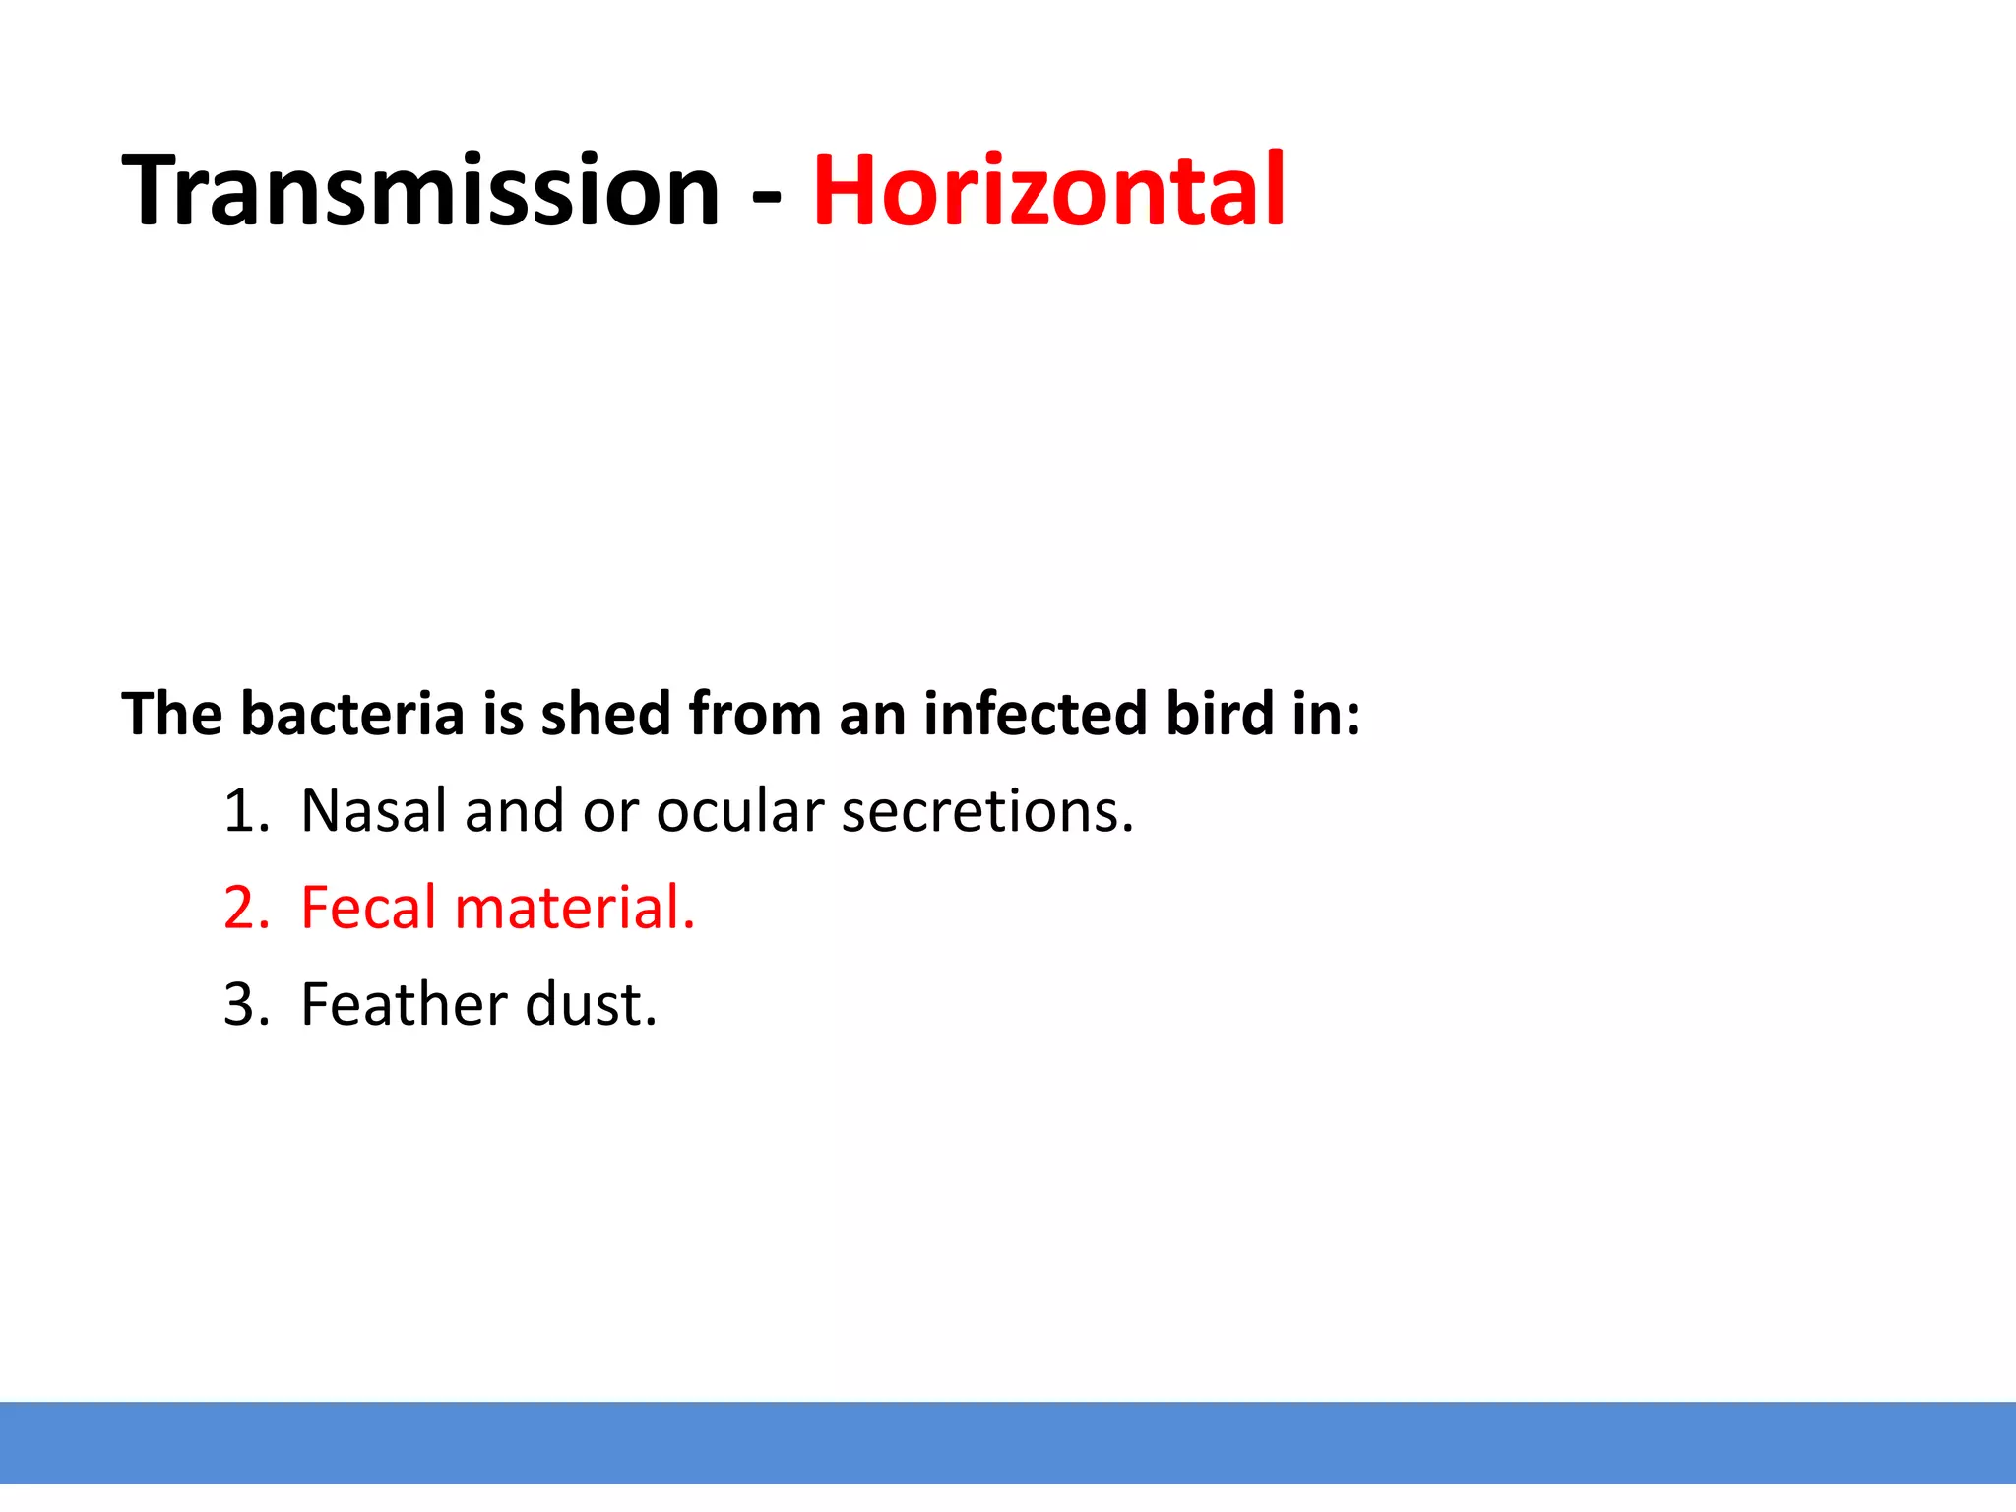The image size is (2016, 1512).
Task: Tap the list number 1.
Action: [243, 811]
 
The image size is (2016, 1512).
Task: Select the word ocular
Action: [740, 811]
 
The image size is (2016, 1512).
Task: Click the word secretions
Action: [987, 811]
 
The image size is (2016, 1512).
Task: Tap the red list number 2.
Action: [245, 908]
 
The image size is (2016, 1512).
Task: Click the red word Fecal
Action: [368, 908]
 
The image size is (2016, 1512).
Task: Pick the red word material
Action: [574, 908]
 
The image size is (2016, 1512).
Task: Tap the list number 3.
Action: [245, 1005]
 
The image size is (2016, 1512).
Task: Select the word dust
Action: [590, 1005]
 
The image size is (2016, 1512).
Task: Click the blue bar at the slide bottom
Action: [1008, 1441]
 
